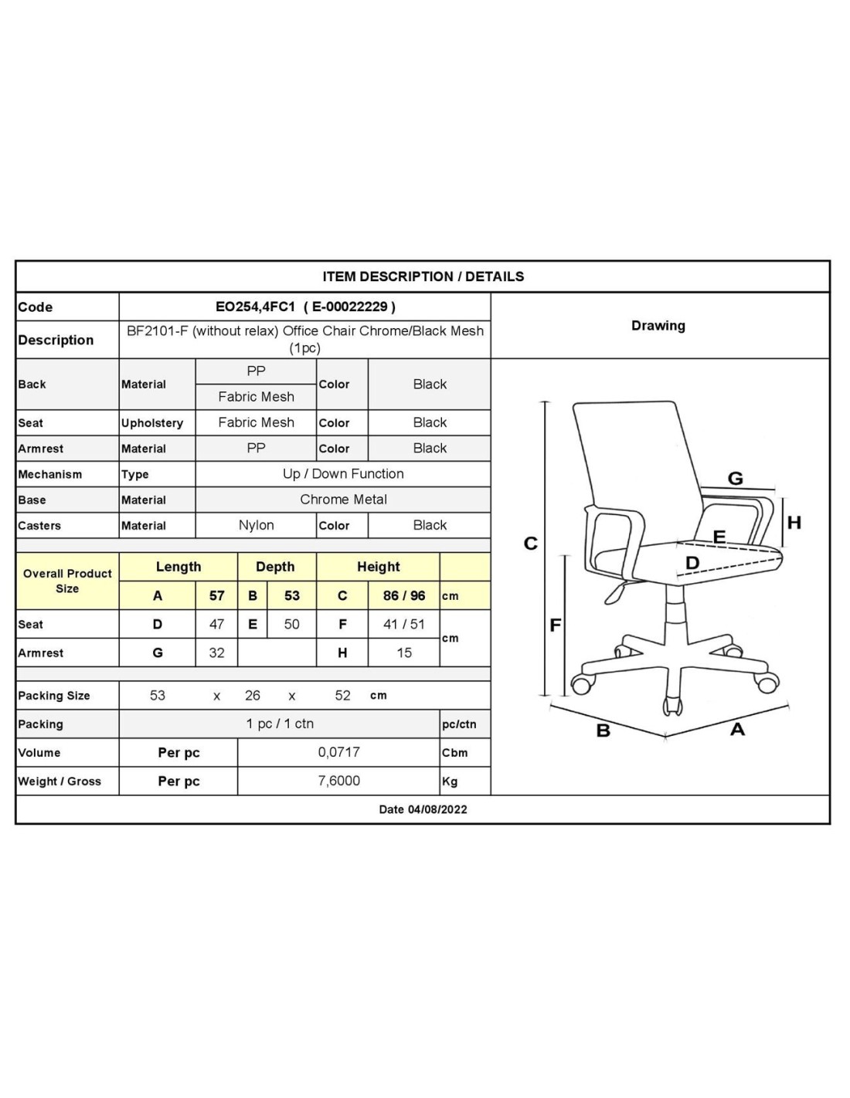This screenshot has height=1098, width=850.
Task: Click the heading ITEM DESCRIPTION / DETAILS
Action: click(x=423, y=276)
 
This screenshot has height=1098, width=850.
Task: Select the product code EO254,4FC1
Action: click(x=255, y=307)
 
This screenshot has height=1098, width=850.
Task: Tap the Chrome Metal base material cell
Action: click(x=343, y=500)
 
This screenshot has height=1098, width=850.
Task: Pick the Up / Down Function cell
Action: click(x=343, y=474)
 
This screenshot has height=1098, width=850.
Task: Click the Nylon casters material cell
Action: click(x=256, y=525)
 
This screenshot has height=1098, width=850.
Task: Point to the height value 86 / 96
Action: click(x=404, y=595)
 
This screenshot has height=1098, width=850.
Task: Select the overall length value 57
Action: click(x=216, y=595)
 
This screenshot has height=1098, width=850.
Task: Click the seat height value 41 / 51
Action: click(x=404, y=624)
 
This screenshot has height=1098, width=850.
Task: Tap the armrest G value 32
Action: click(x=216, y=652)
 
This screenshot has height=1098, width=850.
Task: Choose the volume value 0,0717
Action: click(x=338, y=752)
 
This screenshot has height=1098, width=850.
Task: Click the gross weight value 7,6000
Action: click(x=338, y=781)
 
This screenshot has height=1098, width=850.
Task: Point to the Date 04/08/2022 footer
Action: click(x=423, y=809)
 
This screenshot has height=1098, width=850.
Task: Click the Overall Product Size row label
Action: click(x=67, y=581)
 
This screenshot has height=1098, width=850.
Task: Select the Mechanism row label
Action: click(x=49, y=474)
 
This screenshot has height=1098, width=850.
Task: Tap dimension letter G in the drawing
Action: click(x=735, y=479)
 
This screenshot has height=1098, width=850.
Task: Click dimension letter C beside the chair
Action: click(x=530, y=544)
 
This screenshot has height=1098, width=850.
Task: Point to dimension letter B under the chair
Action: click(x=603, y=730)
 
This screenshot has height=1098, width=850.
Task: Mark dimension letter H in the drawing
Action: click(x=794, y=523)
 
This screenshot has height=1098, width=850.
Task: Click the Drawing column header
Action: click(x=658, y=326)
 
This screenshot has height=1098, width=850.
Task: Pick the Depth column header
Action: click(x=275, y=567)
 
